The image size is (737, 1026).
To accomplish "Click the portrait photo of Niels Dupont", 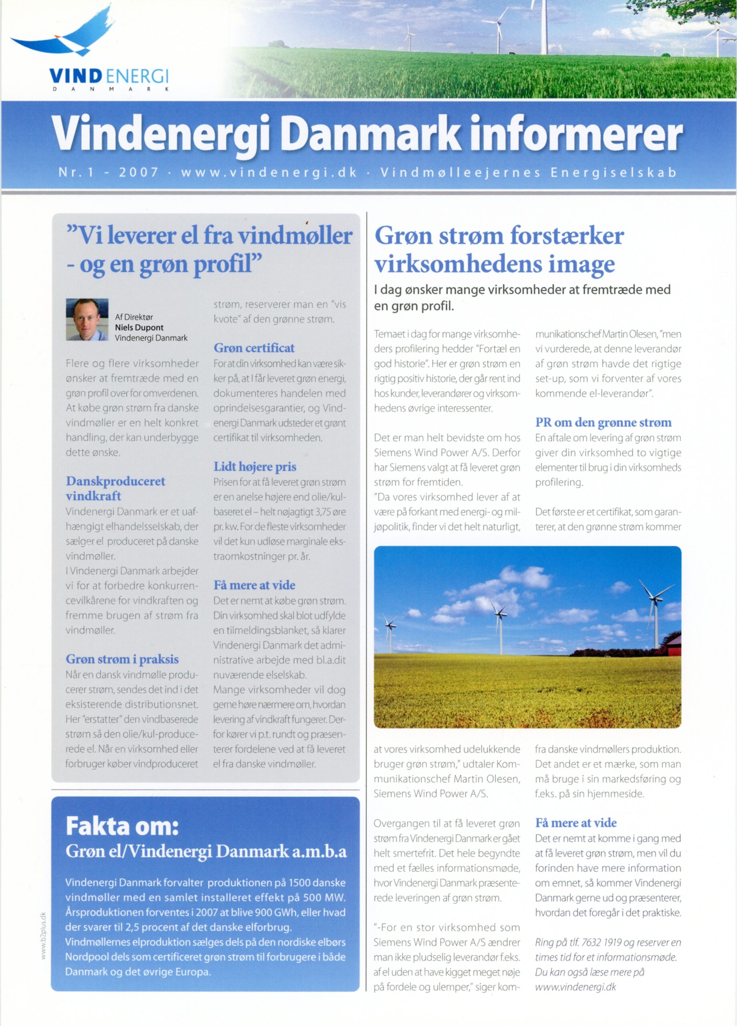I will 87,319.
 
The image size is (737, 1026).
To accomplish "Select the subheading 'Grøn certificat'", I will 254,348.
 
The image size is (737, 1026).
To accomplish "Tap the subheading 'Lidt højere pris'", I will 255,467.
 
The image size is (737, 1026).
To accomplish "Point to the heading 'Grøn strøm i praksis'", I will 122,659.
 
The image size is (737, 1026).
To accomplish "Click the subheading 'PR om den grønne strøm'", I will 603,422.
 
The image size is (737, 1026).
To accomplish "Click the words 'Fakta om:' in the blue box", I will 122,826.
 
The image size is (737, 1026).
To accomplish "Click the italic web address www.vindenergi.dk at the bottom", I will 575,987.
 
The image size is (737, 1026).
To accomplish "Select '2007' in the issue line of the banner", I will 138,172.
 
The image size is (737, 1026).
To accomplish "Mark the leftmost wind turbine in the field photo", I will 390,626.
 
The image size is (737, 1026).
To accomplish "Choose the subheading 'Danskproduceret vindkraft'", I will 115,488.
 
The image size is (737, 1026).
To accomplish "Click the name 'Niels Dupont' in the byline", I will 139,327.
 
